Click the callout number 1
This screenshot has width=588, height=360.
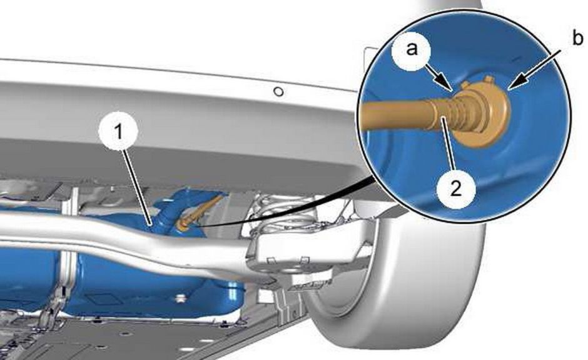pyautogui.click(x=118, y=132)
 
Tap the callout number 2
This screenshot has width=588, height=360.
pyautogui.click(x=455, y=187)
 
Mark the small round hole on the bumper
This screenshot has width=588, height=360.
pyautogui.click(x=278, y=91)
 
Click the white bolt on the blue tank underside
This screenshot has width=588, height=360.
pyautogui.click(x=182, y=298)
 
